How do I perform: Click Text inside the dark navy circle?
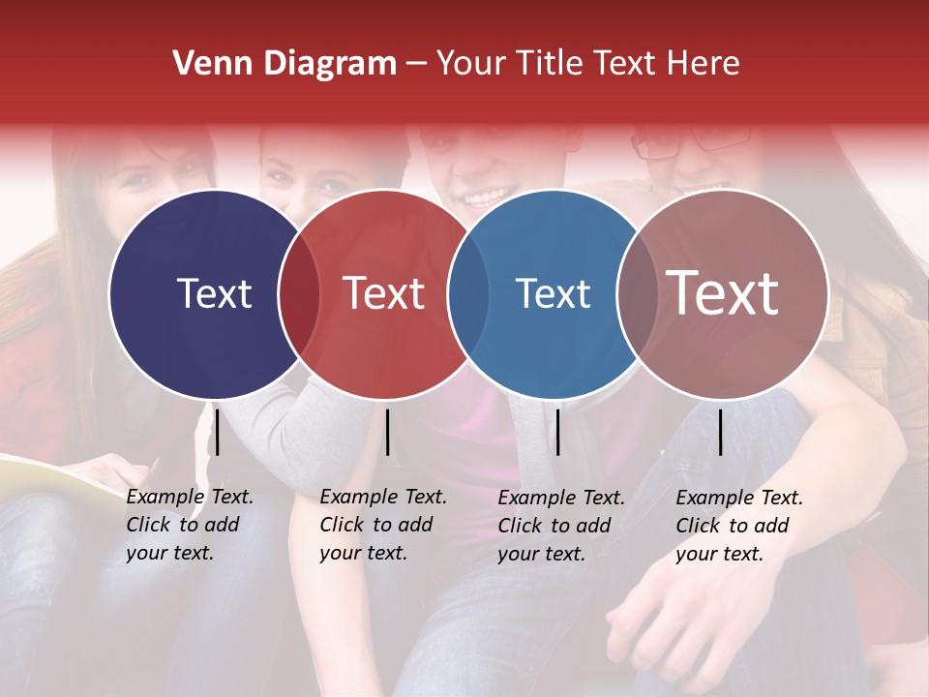[214, 293]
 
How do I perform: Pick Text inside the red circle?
[384, 293]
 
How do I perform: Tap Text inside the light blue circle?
[554, 293]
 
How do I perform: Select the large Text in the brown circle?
[723, 292]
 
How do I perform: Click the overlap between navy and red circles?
[299, 294]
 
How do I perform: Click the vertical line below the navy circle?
[218, 432]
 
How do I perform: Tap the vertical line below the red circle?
[387, 432]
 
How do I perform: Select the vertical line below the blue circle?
[557, 432]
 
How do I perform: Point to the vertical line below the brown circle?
[720, 432]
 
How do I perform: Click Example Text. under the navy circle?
[190, 497]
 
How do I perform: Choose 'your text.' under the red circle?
[364, 553]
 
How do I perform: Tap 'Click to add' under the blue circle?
[554, 525]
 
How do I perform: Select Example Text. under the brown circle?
[739, 498]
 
